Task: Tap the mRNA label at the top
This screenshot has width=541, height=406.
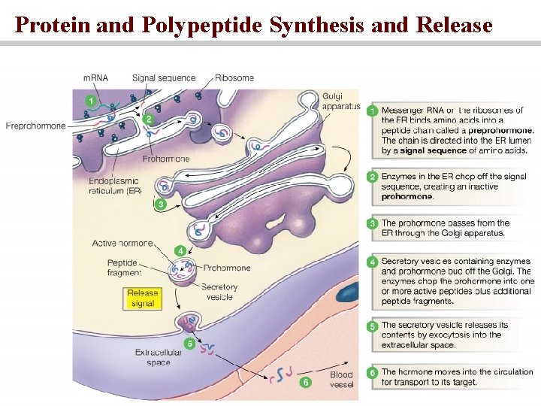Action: pyautogui.click(x=95, y=77)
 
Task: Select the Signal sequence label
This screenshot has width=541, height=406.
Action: pyautogui.click(x=163, y=77)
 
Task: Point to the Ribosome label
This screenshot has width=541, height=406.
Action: pyautogui.click(x=234, y=77)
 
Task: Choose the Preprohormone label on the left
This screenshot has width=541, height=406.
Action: pyautogui.click(x=35, y=126)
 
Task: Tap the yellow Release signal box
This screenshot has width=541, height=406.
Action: pyautogui.click(x=142, y=298)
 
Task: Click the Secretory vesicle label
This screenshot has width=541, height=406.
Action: pyautogui.click(x=219, y=291)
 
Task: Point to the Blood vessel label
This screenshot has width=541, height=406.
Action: pyautogui.click(x=341, y=380)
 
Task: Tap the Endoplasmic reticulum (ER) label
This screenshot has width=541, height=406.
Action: pyautogui.click(x=113, y=186)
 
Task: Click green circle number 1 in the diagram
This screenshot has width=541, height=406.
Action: pyautogui.click(x=91, y=99)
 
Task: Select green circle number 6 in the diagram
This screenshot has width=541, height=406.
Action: pyautogui.click(x=305, y=382)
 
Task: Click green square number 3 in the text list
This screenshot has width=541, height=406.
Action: pyautogui.click(x=372, y=223)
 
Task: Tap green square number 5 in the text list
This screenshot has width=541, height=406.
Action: pyautogui.click(x=372, y=326)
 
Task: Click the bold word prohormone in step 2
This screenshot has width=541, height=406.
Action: pyautogui.click(x=407, y=197)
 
